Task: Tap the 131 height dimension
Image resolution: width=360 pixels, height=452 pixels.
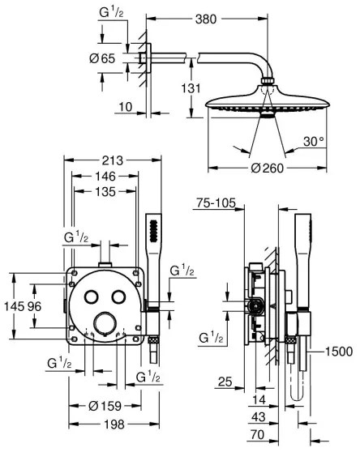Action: click(187, 90)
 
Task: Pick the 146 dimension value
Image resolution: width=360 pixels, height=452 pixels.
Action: click(103, 176)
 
